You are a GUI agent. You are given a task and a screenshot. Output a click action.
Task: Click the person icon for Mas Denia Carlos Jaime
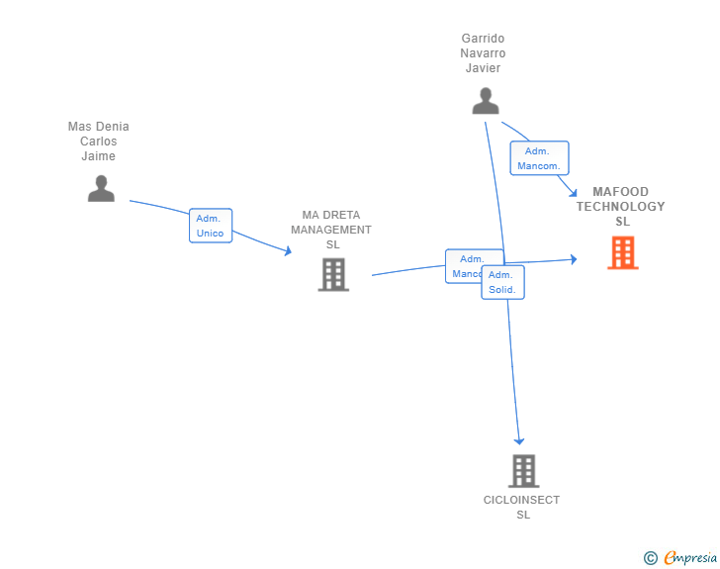(x=101, y=188)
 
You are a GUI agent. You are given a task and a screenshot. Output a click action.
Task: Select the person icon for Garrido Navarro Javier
(x=485, y=101)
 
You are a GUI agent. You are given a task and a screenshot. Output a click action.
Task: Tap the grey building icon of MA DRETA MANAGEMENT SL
(x=333, y=274)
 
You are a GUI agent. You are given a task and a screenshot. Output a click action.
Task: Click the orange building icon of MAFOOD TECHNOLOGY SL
(x=622, y=252)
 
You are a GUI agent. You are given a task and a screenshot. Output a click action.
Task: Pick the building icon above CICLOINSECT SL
(x=523, y=471)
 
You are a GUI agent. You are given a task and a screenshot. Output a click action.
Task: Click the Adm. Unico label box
(x=211, y=226)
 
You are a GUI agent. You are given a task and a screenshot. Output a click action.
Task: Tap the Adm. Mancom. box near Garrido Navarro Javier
(x=540, y=158)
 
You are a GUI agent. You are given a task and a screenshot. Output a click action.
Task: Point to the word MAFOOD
(x=621, y=192)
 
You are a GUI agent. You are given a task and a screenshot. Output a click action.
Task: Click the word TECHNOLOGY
(x=621, y=207)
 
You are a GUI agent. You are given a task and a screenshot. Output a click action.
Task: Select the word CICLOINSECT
(x=521, y=500)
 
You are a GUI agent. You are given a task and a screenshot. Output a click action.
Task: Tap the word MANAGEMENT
(x=331, y=230)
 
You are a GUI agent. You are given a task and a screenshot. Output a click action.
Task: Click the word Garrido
(x=483, y=39)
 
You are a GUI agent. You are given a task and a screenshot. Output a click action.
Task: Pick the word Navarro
(x=483, y=53)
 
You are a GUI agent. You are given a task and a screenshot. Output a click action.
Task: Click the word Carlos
(x=98, y=142)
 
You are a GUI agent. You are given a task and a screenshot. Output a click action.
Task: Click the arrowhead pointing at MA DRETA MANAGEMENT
(x=288, y=251)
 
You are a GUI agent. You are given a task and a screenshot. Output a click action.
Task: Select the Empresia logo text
(x=690, y=558)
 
